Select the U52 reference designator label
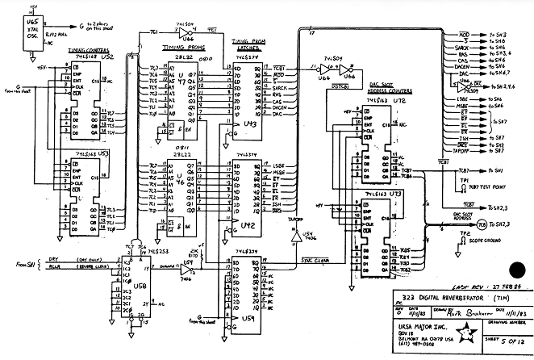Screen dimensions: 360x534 (106, 59)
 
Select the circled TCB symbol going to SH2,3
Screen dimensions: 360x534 (482, 224)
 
